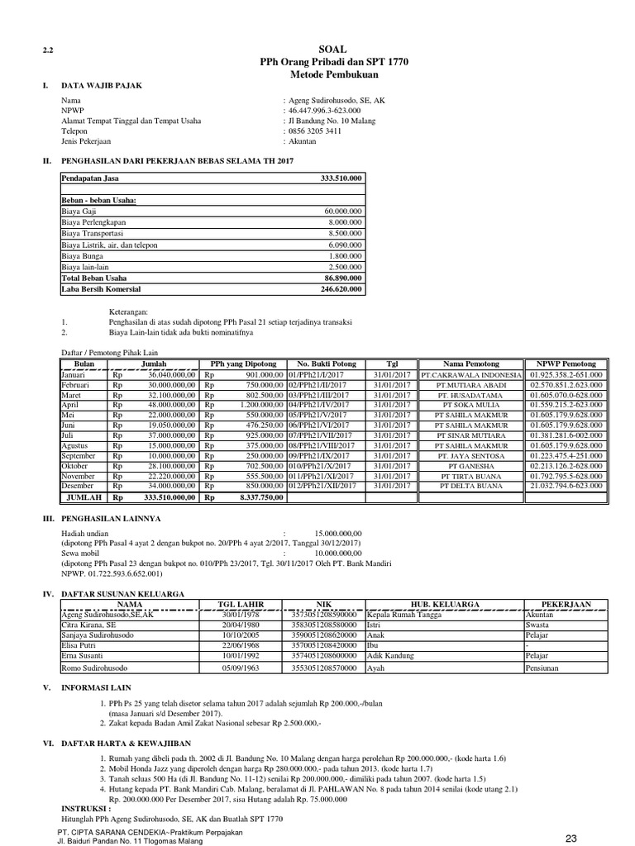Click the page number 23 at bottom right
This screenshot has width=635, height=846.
click(571, 838)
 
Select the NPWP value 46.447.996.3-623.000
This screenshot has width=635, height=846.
click(326, 109)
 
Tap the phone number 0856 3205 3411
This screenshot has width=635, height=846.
click(315, 130)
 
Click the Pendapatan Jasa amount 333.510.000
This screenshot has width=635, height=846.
click(341, 178)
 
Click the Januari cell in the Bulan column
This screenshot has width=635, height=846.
click(77, 374)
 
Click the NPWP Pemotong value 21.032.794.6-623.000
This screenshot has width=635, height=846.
click(567, 486)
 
